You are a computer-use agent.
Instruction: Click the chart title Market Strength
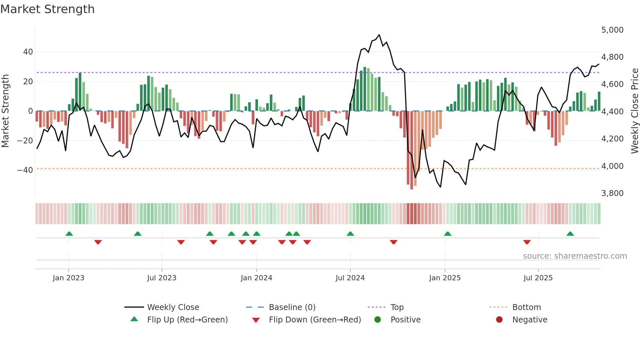click(x=47, y=9)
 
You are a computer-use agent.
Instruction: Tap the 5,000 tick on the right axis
click(x=612, y=30)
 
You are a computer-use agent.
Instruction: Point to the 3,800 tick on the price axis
click(x=612, y=193)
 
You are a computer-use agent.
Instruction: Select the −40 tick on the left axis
click(x=25, y=170)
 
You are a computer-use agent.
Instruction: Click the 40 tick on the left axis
click(x=28, y=52)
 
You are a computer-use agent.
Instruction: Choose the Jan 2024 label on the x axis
click(x=256, y=278)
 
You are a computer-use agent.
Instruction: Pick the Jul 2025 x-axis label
click(x=538, y=278)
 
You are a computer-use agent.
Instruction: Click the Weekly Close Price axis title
click(x=634, y=111)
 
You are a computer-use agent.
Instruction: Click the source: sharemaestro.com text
click(x=575, y=256)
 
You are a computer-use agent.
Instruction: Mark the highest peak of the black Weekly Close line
click(x=379, y=35)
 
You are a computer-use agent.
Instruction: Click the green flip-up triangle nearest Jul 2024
click(x=350, y=234)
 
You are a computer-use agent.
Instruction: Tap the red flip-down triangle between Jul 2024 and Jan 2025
click(x=393, y=242)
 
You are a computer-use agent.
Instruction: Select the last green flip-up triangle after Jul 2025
click(x=570, y=234)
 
